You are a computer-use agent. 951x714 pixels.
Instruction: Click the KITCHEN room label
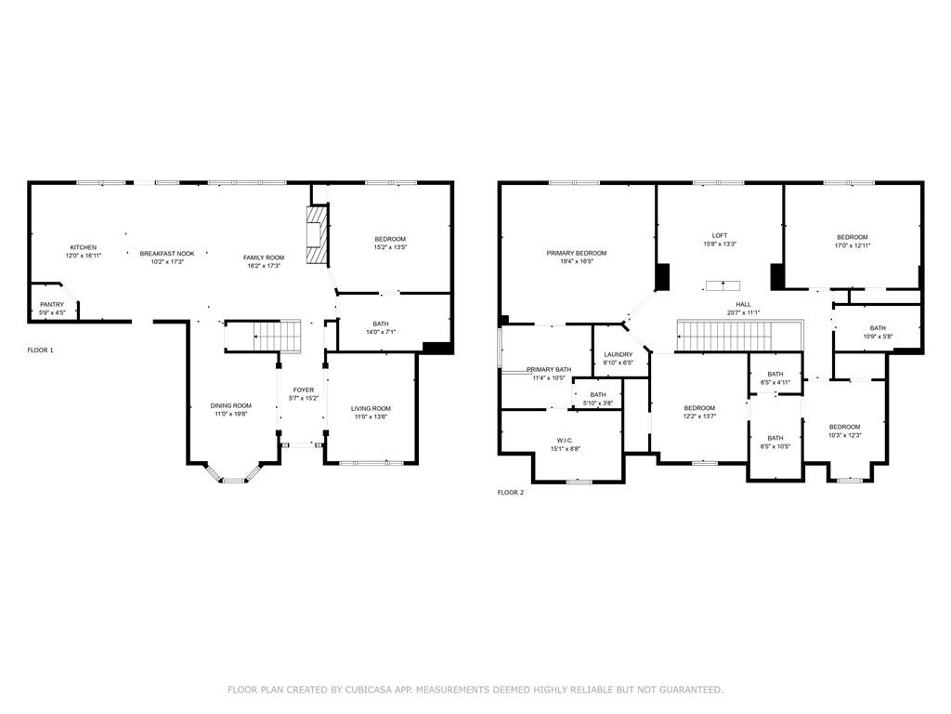(x=83, y=247)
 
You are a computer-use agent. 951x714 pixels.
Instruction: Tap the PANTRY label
(x=52, y=305)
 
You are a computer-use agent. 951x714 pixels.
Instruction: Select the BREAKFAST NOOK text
(x=167, y=254)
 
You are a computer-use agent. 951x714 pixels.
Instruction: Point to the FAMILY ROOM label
(x=264, y=258)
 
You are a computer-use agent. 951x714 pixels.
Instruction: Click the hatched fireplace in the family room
(x=317, y=235)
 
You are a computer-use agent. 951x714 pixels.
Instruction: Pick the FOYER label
(x=304, y=390)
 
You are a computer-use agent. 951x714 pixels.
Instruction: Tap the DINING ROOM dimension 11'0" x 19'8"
(x=231, y=414)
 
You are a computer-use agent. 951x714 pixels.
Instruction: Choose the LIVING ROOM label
(x=371, y=409)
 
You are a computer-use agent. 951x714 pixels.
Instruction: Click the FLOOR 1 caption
(x=41, y=350)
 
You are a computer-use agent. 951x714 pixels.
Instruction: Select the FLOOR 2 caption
(x=511, y=493)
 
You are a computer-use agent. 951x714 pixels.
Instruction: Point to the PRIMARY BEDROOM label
(x=576, y=253)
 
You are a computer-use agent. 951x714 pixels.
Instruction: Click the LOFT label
(x=720, y=235)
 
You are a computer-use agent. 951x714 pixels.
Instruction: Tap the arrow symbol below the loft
(x=723, y=285)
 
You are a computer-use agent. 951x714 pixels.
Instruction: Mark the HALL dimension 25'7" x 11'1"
(x=744, y=312)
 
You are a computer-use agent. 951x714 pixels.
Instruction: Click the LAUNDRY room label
(x=619, y=354)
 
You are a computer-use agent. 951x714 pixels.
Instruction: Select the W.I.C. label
(x=566, y=441)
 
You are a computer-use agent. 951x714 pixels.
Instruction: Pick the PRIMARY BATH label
(x=549, y=370)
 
